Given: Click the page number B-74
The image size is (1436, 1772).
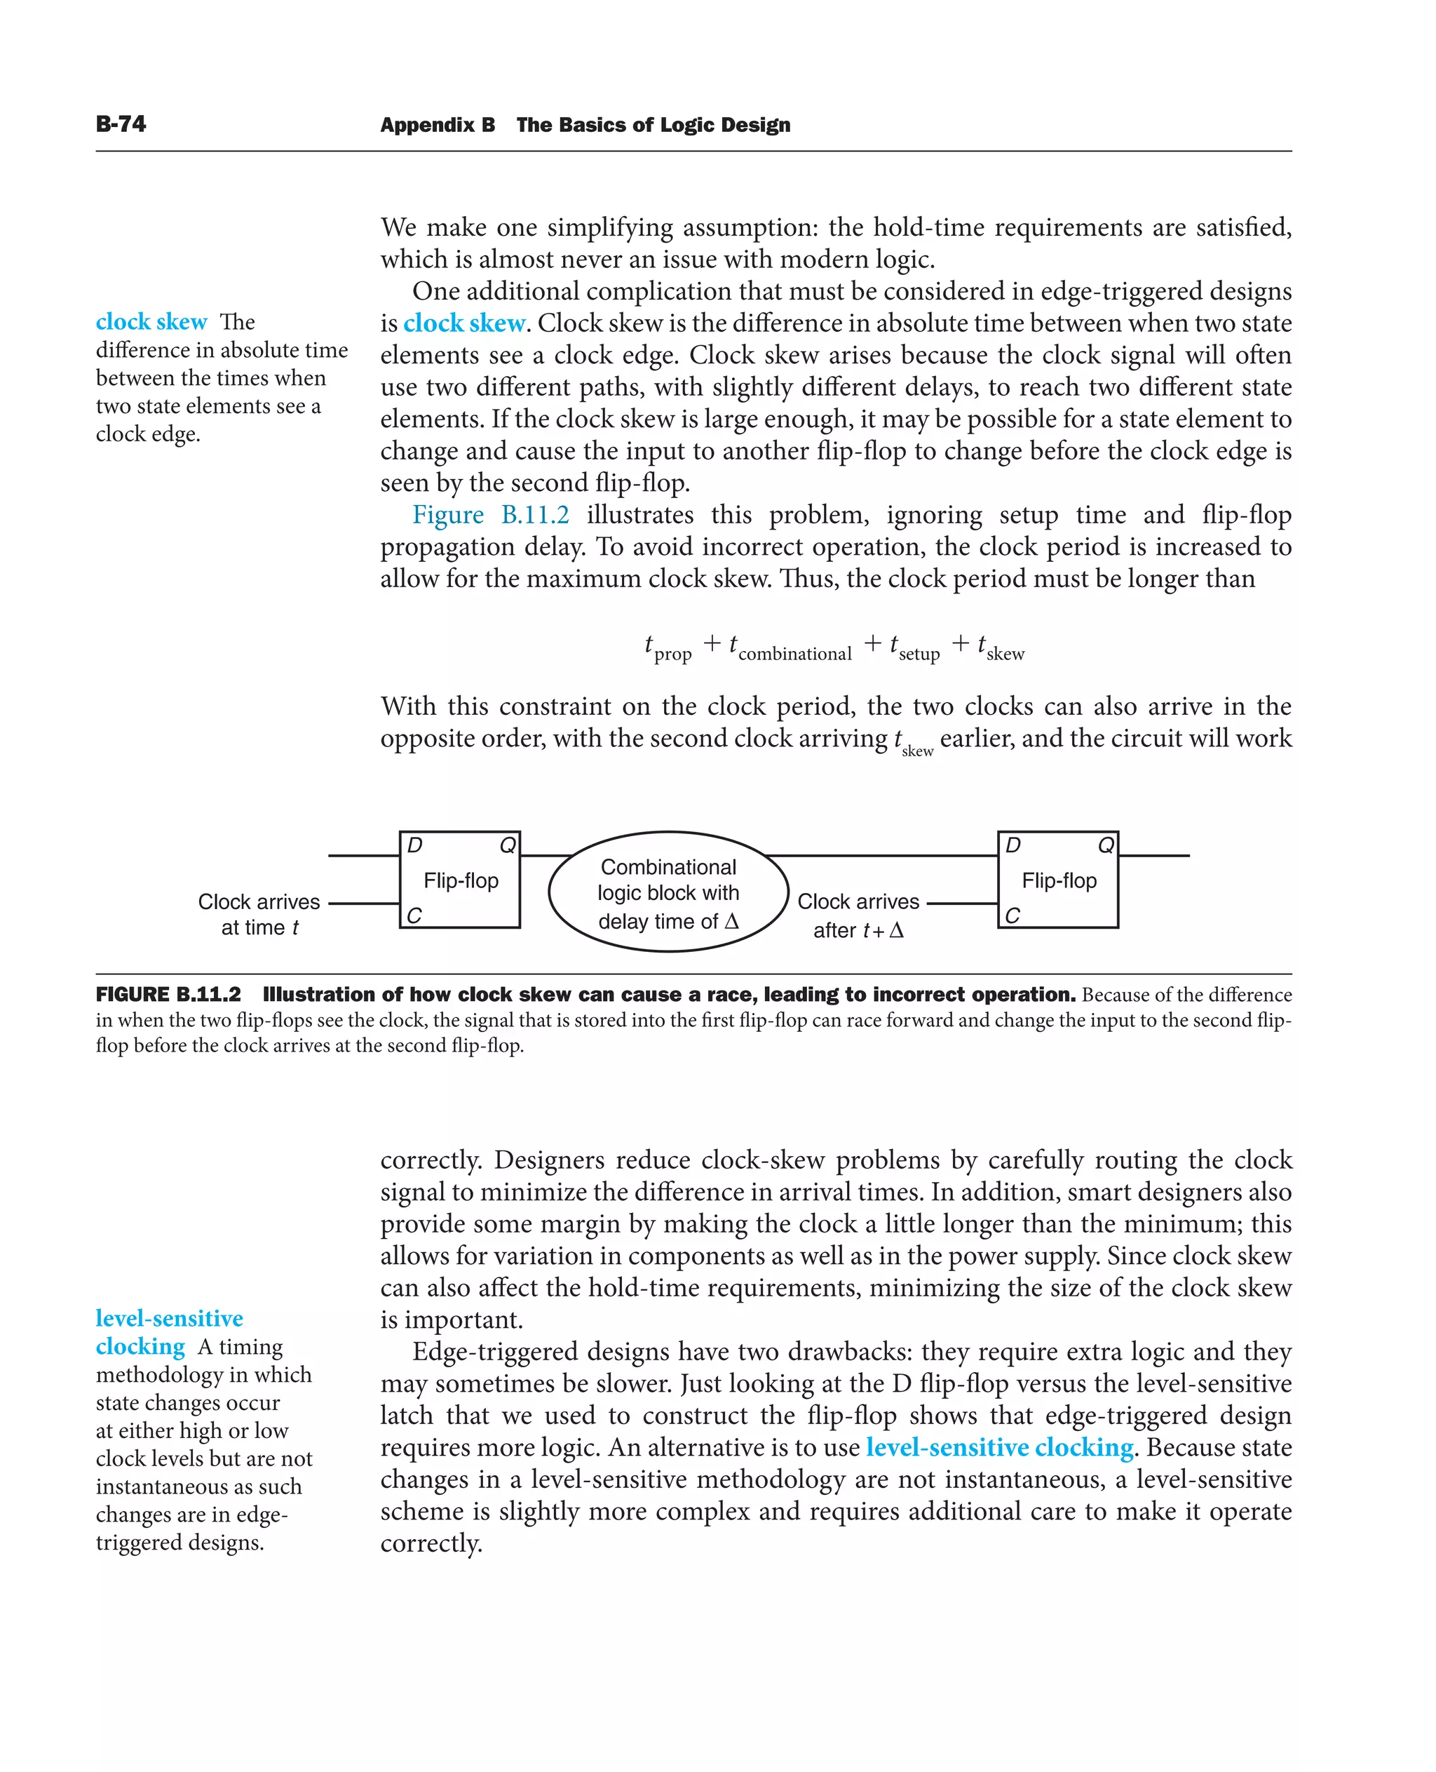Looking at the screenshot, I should click(x=121, y=124).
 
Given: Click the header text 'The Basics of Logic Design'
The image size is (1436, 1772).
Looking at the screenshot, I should click(x=653, y=125).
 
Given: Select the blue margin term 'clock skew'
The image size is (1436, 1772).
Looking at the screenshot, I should click(x=151, y=321).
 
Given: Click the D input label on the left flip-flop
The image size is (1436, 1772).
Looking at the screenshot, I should click(x=415, y=845).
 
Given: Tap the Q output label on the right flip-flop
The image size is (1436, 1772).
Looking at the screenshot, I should click(x=1105, y=845).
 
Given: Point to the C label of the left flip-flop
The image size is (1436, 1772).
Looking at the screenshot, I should click(x=414, y=915).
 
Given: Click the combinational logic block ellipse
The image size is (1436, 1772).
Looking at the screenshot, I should click(x=668, y=892).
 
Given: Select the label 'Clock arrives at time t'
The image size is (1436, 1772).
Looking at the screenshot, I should click(x=259, y=915).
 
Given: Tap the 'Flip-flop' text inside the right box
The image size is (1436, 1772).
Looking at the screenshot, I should click(x=1059, y=880).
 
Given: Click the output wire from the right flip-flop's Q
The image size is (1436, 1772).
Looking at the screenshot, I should click(x=1155, y=856).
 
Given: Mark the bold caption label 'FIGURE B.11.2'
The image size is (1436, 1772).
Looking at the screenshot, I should click(x=168, y=995).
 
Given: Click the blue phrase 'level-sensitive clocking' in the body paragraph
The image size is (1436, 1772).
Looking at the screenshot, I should click(x=999, y=1448).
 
